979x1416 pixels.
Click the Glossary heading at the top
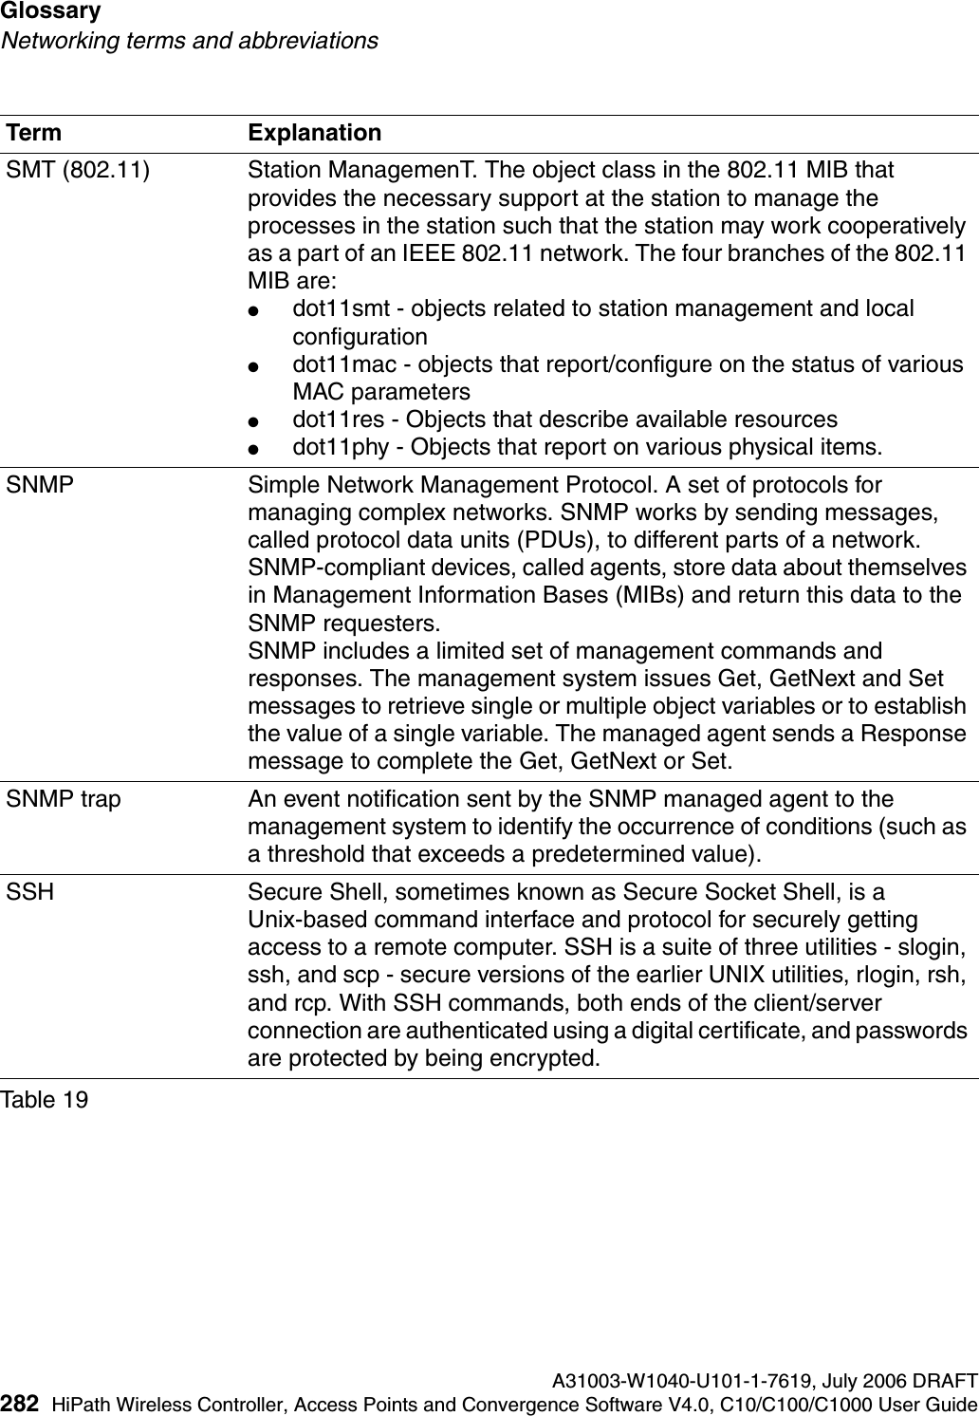click(x=51, y=12)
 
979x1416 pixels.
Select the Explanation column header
click(x=314, y=133)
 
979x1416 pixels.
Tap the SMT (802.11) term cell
click(x=78, y=172)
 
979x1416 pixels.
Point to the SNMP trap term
click(x=65, y=800)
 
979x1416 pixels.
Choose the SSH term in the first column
click(x=30, y=893)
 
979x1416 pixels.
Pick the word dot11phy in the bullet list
click(x=337, y=446)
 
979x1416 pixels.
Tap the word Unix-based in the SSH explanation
click(x=298, y=921)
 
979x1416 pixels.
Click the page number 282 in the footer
click(x=21, y=1404)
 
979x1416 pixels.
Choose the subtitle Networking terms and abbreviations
click(x=189, y=42)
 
